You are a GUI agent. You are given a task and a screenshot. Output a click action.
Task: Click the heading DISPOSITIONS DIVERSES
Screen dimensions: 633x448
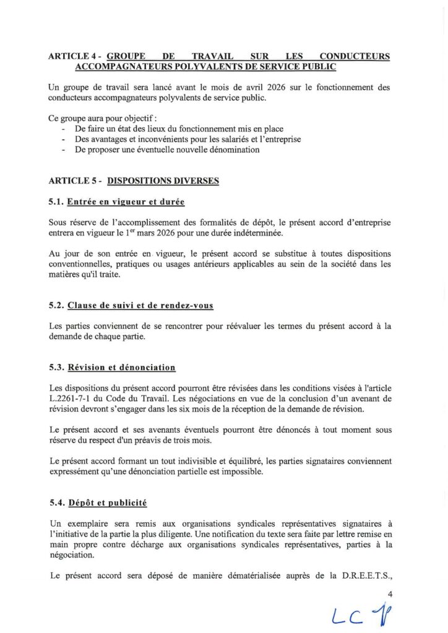[163, 181]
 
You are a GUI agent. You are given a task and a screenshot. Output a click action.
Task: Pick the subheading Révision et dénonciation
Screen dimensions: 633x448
[121, 367]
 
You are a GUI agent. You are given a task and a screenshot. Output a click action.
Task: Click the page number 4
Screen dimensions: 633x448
[390, 594]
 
